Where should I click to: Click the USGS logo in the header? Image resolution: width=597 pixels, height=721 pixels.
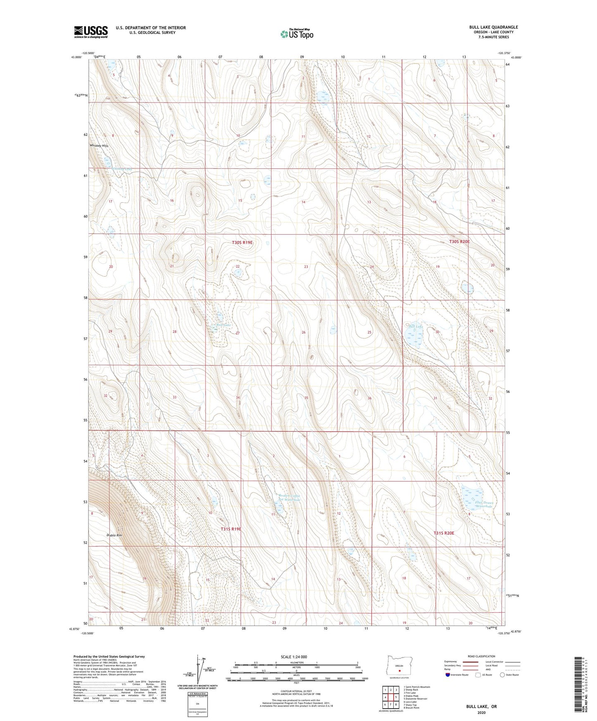coord(91,32)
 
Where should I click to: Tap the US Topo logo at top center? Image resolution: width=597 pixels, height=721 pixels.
coord(297,34)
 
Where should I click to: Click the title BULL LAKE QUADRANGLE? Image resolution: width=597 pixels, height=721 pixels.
coord(493,27)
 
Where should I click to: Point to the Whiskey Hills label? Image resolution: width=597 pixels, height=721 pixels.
coord(99,146)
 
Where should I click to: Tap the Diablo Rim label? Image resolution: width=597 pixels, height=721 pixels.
coord(114,536)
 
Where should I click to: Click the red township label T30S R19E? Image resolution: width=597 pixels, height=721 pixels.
coord(242,243)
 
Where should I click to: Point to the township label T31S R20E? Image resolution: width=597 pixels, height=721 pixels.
coord(444,533)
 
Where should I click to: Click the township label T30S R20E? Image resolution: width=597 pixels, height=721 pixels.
coord(459,242)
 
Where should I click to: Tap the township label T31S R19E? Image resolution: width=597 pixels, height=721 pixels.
coord(231,529)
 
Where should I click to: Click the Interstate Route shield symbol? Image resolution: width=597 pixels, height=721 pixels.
coord(448,675)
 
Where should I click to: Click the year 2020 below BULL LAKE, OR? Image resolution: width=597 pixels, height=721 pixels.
coord(481,713)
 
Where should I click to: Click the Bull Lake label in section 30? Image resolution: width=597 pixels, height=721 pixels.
coord(416,326)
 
